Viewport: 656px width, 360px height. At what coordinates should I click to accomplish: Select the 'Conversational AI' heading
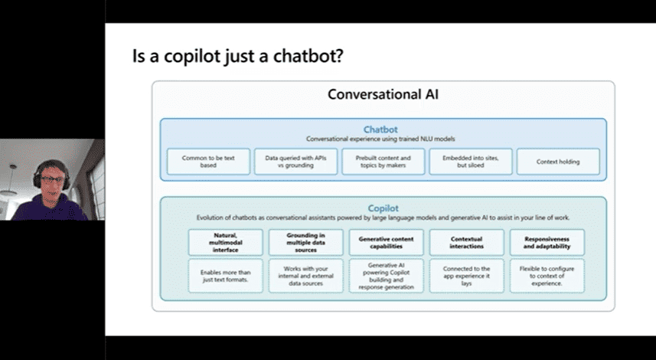click(383, 95)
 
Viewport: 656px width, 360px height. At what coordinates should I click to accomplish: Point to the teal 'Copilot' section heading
click(383, 208)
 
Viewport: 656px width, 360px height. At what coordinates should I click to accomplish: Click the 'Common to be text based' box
click(208, 161)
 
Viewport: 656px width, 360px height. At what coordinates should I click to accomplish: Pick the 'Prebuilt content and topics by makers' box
click(383, 161)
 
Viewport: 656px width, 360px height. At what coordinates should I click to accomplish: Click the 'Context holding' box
click(558, 161)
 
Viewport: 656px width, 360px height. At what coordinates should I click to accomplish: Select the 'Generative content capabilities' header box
click(386, 243)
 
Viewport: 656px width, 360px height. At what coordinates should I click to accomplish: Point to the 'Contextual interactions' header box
click(466, 243)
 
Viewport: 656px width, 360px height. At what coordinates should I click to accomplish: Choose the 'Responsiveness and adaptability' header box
click(547, 243)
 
